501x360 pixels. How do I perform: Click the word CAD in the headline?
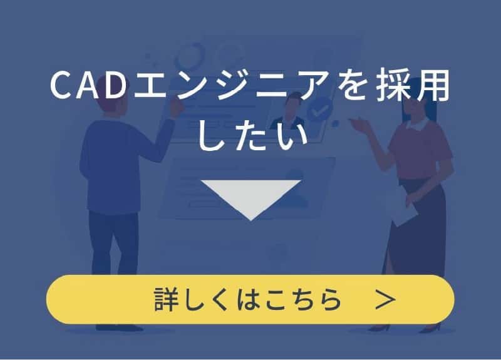[88, 85]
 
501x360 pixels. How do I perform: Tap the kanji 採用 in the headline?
[413, 86]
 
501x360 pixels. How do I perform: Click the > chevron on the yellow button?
[386, 299]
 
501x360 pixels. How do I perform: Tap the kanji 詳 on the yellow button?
[165, 299]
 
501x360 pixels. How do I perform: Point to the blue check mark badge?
[320, 109]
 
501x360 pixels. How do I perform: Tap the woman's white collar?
[417, 124]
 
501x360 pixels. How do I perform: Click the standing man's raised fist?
[176, 108]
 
